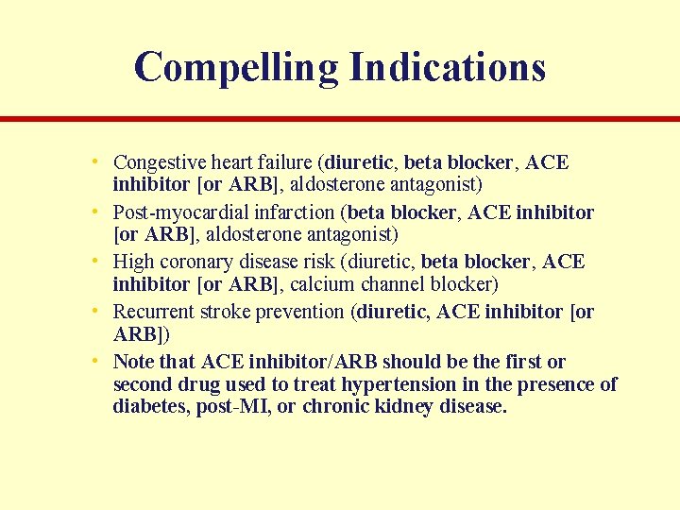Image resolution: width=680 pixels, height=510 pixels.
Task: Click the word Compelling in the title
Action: (236, 68)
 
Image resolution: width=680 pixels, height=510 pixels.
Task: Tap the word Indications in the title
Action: (447, 68)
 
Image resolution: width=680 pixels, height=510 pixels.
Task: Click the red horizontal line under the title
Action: (340, 119)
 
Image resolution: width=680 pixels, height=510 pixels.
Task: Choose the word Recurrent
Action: (155, 312)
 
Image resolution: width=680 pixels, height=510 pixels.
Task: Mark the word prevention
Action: (301, 312)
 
